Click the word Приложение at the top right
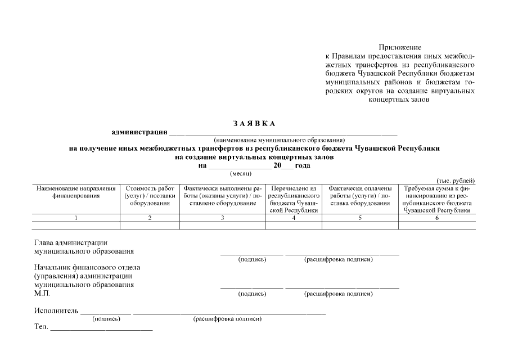tap(399, 47)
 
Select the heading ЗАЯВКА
tap(254, 123)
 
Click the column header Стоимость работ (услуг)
tap(150, 196)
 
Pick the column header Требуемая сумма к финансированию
tap(436, 199)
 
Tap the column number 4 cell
tap(294, 218)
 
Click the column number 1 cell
tap(76, 218)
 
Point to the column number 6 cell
tap(436, 218)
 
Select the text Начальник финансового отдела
tap(87, 268)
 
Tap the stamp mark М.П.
tap(42, 294)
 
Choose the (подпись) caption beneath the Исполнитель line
tap(106, 319)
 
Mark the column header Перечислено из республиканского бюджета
tap(294, 199)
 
